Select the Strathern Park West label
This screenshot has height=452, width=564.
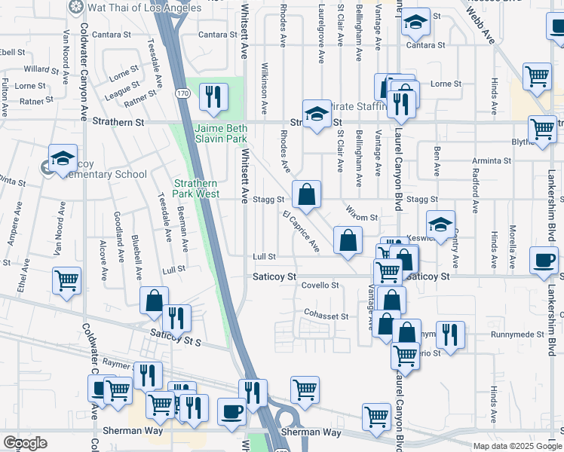(x=197, y=188)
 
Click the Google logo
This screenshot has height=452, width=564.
(x=25, y=443)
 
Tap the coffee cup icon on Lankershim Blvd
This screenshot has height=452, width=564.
(x=543, y=261)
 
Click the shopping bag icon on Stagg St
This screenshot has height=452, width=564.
(x=307, y=195)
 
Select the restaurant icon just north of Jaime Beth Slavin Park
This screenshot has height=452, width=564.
(x=213, y=96)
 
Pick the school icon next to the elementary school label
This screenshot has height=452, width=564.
(x=63, y=159)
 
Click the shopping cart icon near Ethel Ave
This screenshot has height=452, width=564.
(x=67, y=281)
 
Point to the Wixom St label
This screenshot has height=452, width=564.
(x=363, y=217)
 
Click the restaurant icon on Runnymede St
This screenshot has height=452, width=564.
(x=450, y=334)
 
